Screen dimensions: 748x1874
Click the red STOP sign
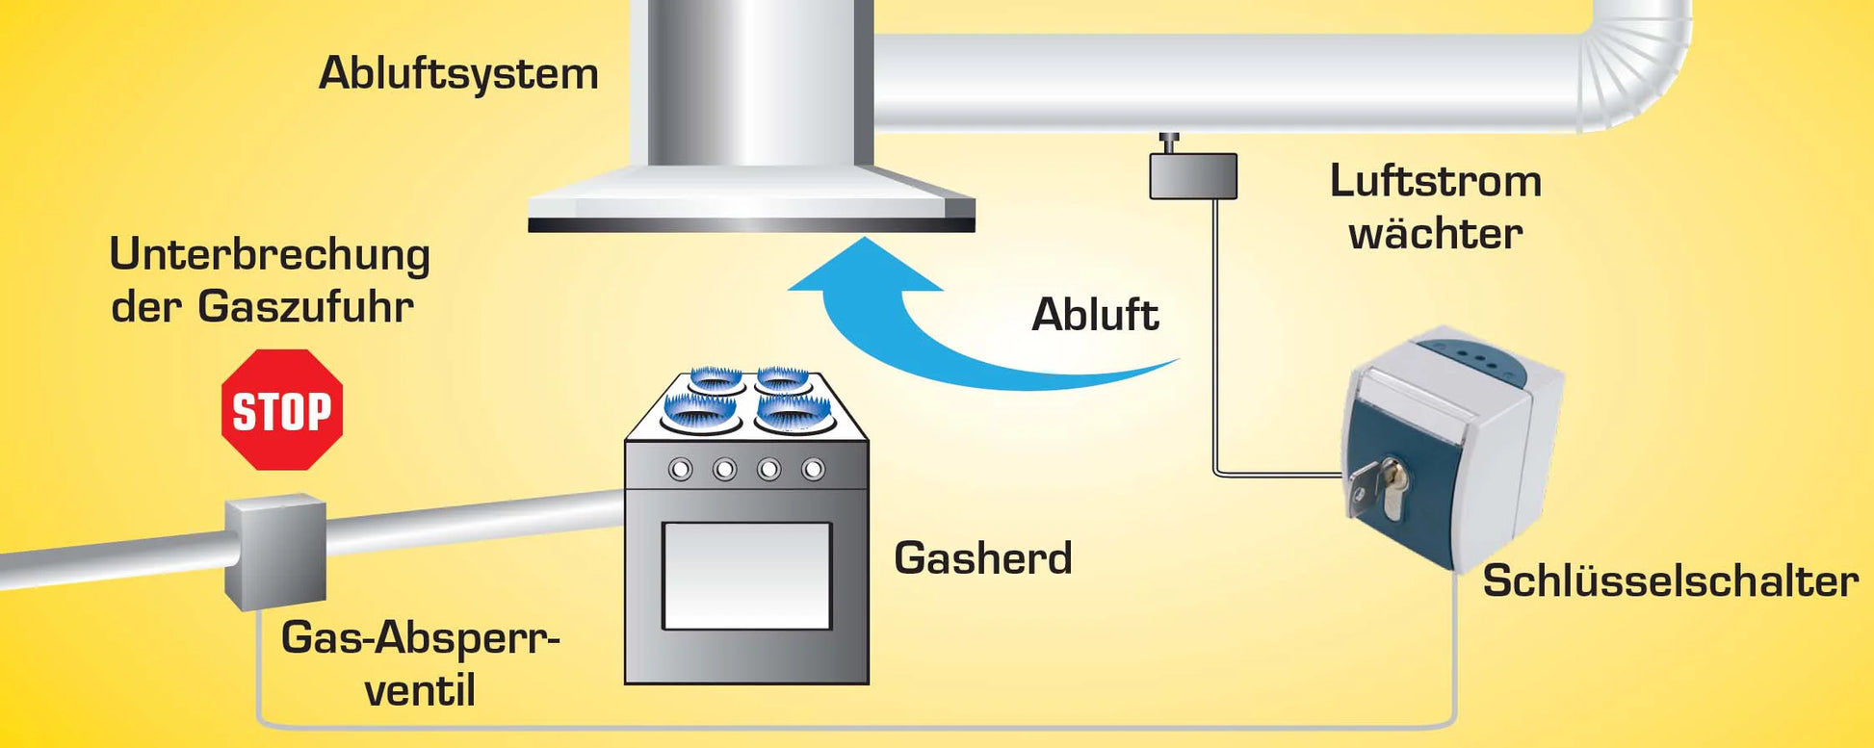point(282,410)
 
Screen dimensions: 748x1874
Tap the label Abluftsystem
point(458,74)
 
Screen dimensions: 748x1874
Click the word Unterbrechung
point(270,255)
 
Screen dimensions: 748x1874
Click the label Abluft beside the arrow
point(1095,315)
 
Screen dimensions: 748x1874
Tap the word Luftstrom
point(1435,181)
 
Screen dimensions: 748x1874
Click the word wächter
point(1435,234)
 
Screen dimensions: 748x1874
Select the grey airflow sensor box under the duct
point(1193,176)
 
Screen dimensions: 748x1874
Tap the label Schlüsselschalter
point(1670,581)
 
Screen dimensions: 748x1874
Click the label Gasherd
point(982,558)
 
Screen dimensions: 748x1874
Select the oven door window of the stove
point(746,576)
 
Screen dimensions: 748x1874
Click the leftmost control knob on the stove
point(681,470)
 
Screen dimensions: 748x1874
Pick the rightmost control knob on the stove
point(814,470)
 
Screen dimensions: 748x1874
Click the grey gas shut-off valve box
point(275,553)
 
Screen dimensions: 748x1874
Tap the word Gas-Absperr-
point(420,638)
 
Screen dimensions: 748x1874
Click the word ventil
point(420,691)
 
